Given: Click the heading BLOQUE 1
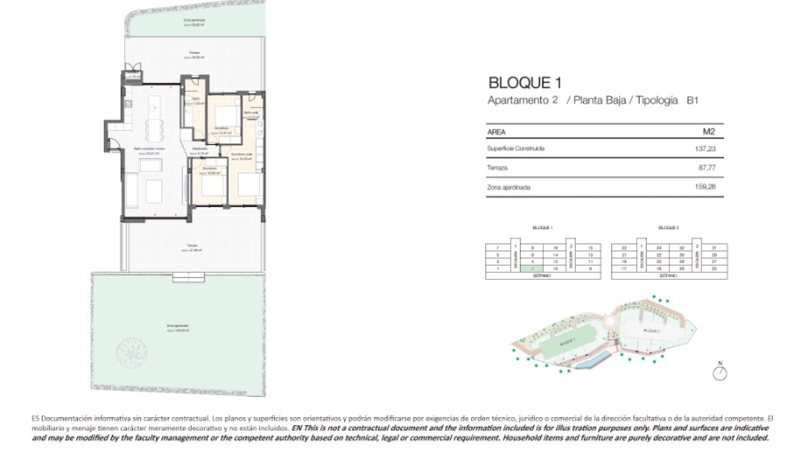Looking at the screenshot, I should (x=525, y=83).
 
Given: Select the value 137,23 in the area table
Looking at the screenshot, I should (x=705, y=149).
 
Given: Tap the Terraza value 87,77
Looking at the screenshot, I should (x=707, y=167).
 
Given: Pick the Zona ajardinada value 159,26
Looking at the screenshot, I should (x=705, y=187).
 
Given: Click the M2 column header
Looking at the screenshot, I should (x=709, y=132).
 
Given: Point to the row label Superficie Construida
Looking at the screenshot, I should (x=515, y=149).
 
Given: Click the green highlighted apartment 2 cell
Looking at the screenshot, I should (x=533, y=269).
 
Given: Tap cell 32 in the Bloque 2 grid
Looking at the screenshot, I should (x=682, y=248).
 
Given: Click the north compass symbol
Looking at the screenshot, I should (x=720, y=373).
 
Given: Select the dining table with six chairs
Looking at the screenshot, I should (x=154, y=130).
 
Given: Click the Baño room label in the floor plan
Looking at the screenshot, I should (x=195, y=99).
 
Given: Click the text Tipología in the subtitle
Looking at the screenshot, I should (x=657, y=100).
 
